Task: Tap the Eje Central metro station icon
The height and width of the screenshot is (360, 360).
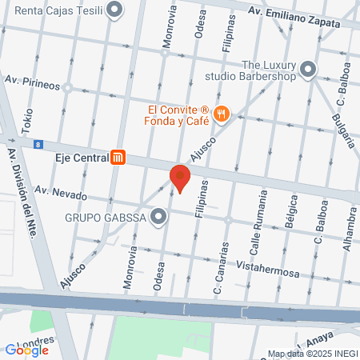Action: coord(119,158)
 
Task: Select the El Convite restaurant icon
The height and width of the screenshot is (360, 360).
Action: coord(222,116)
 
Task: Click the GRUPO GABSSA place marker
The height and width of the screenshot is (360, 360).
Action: coord(159,216)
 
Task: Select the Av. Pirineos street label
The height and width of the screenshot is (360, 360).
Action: coord(33,81)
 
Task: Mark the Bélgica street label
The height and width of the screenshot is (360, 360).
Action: coord(291,218)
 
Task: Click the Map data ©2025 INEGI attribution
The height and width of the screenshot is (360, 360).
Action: coord(312,354)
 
